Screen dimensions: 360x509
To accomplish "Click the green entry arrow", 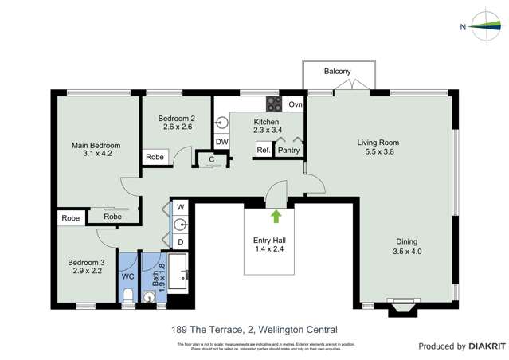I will (276, 215).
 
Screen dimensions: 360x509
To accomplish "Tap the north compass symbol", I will (482, 25).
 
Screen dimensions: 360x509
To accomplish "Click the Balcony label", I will (337, 72).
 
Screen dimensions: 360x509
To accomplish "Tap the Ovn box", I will (296, 104).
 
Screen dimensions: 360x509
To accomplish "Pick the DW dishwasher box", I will (222, 142).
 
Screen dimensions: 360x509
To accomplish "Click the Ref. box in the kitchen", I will (263, 149).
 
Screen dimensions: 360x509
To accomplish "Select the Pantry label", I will (288, 149).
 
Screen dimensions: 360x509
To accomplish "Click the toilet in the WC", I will (128, 296).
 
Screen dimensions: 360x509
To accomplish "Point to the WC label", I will (127, 276).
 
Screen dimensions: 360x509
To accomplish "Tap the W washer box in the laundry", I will (180, 206).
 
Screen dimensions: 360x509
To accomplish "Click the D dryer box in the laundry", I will (180, 241).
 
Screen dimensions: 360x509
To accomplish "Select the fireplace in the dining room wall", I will (401, 306).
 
